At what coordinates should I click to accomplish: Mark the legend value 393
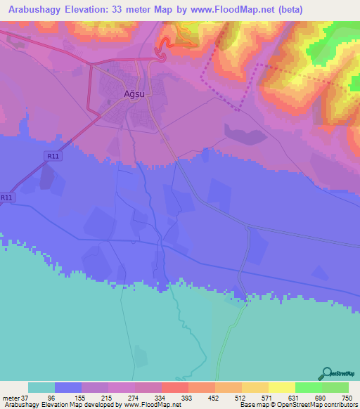pos(188,397)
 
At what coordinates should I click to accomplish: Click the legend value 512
pos(242,397)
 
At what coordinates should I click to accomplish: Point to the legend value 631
pos(295,397)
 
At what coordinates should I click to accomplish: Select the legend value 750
pos(347,397)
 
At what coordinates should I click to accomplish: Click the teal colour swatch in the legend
pos(41,387)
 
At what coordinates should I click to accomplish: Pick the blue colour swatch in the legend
pos(68,387)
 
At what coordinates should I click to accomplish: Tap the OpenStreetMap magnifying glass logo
pos(326,373)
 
